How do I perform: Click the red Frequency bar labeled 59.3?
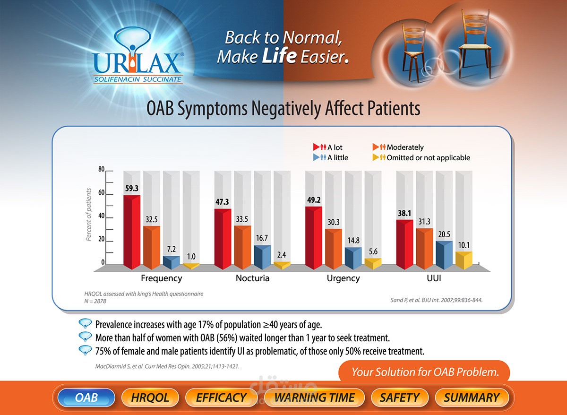132,232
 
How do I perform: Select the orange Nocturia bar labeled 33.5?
242,247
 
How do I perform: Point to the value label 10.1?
464,245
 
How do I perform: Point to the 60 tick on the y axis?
101,193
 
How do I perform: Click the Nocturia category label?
252,278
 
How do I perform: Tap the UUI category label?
433,278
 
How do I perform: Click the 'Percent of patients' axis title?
88,214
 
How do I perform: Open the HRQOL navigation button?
150,398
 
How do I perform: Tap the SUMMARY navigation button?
471,398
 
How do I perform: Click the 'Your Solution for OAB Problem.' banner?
425,372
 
